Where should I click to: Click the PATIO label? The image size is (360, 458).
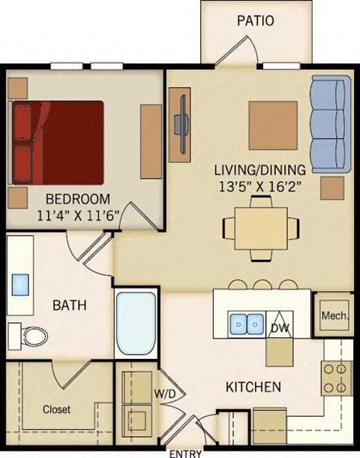point(256,20)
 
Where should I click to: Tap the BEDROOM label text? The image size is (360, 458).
point(78,199)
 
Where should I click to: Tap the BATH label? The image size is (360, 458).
point(69,306)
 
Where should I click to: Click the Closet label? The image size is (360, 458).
point(56,409)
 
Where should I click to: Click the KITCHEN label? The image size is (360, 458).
point(253,387)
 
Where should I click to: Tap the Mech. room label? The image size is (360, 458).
point(334,316)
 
